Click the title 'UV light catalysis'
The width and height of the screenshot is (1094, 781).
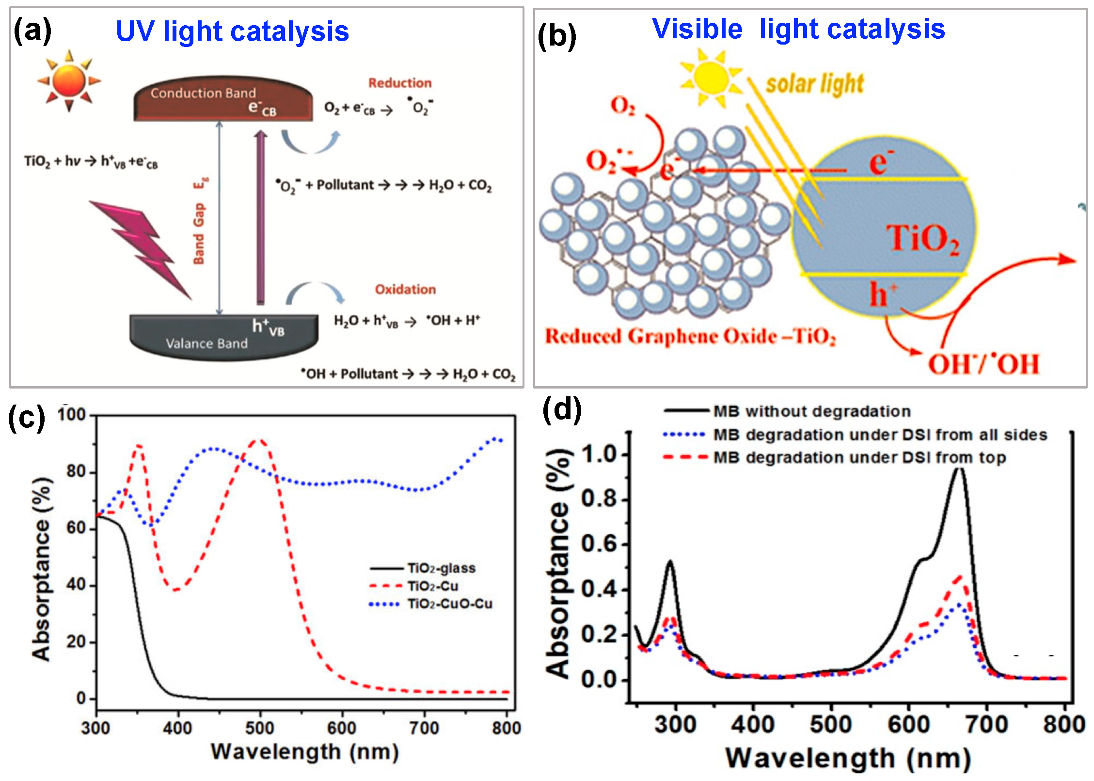point(232,31)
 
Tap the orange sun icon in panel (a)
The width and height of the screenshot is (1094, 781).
point(69,81)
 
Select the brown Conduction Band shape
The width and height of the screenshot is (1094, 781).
point(223,99)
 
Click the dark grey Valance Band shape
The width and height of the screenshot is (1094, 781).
point(223,337)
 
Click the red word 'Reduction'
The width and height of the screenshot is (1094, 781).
point(400,83)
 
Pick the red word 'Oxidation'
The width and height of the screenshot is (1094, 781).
point(405,289)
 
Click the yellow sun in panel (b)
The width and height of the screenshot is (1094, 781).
point(711,78)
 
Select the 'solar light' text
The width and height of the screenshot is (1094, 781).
point(815,84)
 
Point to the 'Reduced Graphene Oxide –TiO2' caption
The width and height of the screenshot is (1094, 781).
point(690,336)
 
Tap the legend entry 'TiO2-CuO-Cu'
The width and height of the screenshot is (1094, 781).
point(450,604)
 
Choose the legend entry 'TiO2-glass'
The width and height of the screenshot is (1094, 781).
point(441,568)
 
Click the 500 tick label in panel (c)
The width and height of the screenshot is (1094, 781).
point(260,728)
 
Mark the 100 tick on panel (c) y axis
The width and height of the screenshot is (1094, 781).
point(71,415)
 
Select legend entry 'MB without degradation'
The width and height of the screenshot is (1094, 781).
point(812,411)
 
